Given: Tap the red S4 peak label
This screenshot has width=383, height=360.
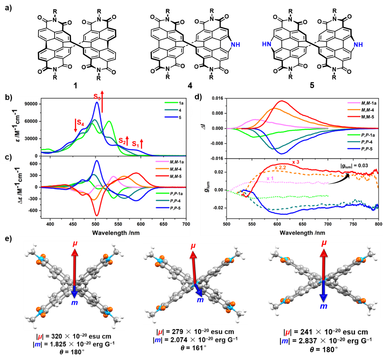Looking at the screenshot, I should click(x=80, y=123).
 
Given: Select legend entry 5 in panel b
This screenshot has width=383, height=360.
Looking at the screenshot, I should click(x=180, y=118).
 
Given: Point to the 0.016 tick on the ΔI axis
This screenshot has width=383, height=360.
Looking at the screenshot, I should click(x=217, y=98).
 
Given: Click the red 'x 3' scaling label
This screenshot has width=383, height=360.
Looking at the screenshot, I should click(x=296, y=162).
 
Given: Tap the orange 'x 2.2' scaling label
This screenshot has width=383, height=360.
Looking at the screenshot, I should click(x=280, y=168).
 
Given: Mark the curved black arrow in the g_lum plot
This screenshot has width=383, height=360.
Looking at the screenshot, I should click(x=339, y=179).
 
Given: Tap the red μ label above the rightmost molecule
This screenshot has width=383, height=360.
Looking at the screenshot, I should click(x=324, y=243).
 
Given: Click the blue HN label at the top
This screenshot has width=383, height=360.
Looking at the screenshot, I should click(x=267, y=44).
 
